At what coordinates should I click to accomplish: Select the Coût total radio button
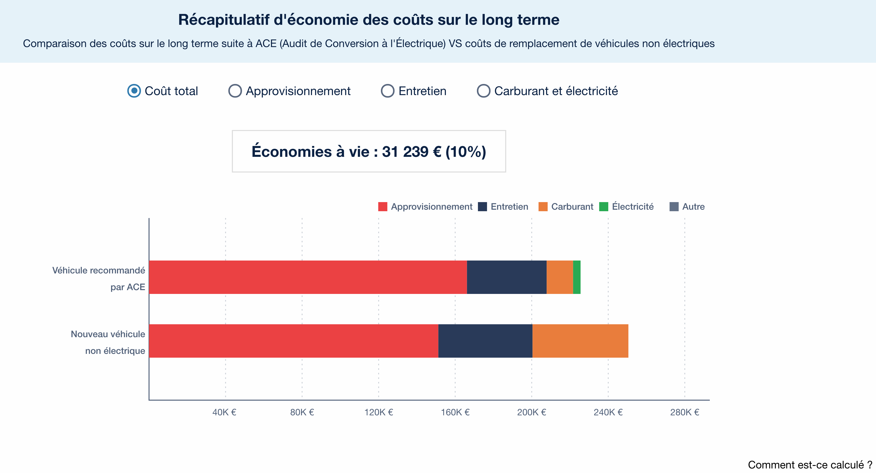coord(134,91)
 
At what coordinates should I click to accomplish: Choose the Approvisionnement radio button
coord(235,91)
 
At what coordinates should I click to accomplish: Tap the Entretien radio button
coord(387,91)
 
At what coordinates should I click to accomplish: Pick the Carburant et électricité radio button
coord(483,91)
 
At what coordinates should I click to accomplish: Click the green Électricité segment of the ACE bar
coord(576,277)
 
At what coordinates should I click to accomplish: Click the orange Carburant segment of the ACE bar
coord(559,277)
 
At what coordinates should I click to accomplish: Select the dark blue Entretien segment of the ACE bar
coord(506,277)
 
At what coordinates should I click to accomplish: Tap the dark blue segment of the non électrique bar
coord(485,341)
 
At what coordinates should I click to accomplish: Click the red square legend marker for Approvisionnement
coord(383,207)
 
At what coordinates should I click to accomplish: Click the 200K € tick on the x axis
coord(531,412)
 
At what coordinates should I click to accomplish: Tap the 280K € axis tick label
coord(684,412)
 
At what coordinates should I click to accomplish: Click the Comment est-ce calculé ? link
coord(810,465)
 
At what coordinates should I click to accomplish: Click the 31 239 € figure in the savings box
coord(411,152)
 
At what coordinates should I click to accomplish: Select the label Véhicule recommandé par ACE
coord(99,278)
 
